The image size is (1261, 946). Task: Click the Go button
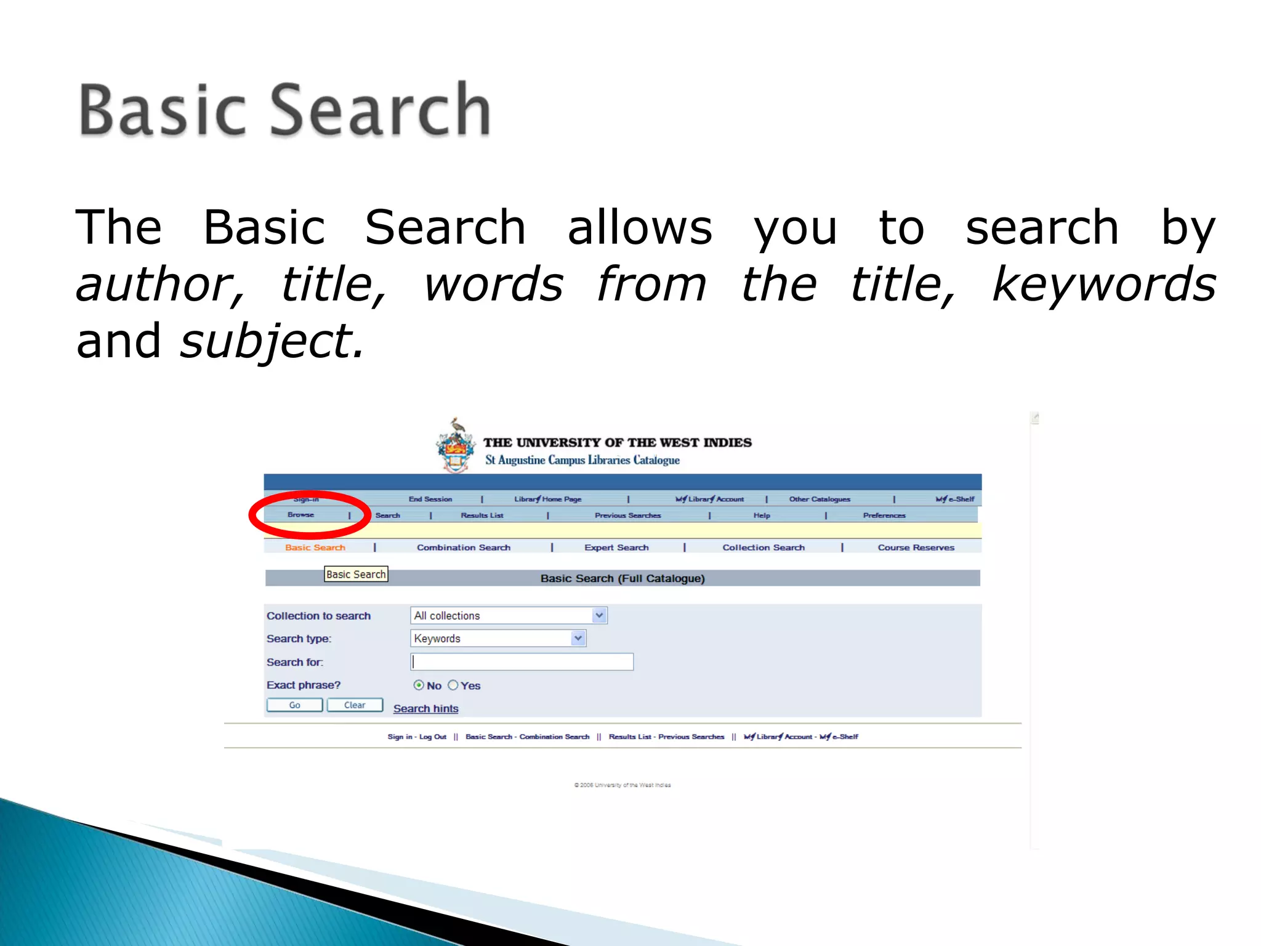coord(294,705)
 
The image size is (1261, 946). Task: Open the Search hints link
coord(425,709)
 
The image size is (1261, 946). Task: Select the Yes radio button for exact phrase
coord(453,685)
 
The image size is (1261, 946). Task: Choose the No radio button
coord(419,685)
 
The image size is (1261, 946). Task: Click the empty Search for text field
coord(522,662)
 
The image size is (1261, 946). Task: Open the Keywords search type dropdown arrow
coord(578,639)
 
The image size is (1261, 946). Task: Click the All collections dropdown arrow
coord(599,615)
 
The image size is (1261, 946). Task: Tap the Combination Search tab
coord(464,548)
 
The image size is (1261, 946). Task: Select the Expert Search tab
coord(616,548)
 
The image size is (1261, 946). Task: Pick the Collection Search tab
coord(763,548)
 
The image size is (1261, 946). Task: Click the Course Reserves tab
coord(916,548)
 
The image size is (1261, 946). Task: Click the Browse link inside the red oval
coord(300,515)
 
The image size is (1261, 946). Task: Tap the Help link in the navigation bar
coord(762,515)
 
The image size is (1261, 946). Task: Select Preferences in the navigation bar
coord(884,515)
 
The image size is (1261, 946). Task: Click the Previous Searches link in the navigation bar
coord(627,515)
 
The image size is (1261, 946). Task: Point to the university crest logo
coord(456,447)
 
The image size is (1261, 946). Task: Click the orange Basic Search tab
coord(315,548)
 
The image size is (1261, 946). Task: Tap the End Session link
coord(430,499)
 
